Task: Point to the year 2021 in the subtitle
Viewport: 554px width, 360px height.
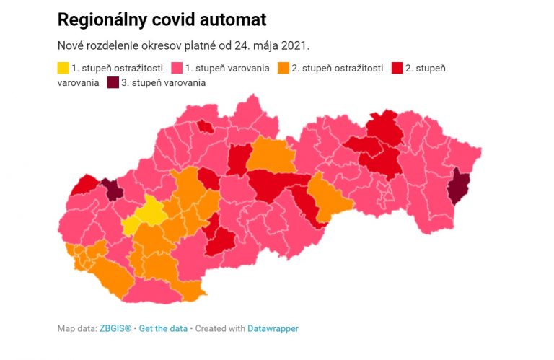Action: click(294, 45)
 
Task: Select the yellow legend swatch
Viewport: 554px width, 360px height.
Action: click(63, 69)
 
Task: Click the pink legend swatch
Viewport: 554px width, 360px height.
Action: click(176, 69)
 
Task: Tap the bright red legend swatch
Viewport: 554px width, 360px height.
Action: click(397, 69)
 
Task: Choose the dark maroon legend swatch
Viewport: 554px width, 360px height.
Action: click(114, 83)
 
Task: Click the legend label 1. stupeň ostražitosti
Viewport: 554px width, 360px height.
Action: click(117, 69)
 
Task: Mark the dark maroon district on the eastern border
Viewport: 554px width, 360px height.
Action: click(458, 187)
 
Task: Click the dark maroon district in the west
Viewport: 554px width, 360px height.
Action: click(112, 190)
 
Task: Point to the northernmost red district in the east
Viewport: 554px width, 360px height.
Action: click(384, 126)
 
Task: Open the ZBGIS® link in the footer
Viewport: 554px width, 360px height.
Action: click(115, 328)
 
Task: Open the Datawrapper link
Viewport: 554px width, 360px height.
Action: click(273, 328)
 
